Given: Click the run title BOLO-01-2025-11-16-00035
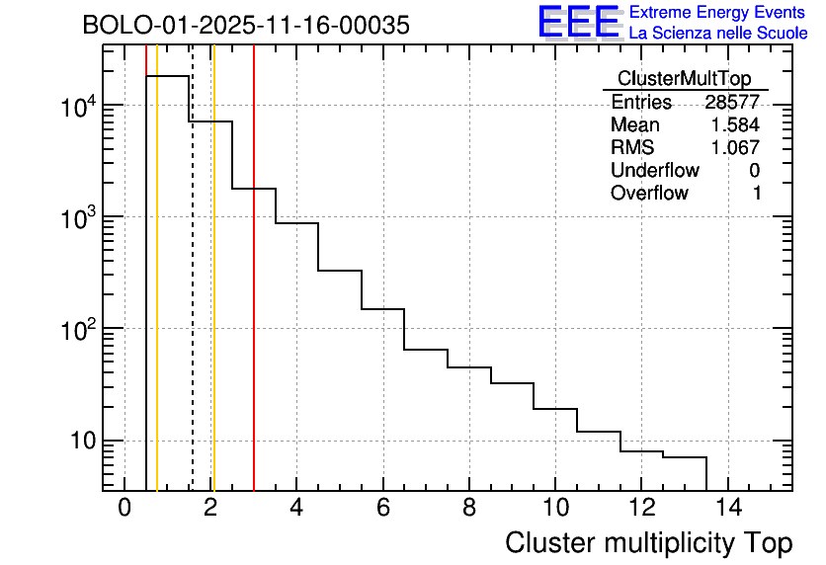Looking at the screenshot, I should click(246, 26).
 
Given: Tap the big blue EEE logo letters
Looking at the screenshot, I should click(578, 22).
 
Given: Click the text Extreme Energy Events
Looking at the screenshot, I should click(718, 13).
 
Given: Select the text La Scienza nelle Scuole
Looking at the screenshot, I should click(718, 34).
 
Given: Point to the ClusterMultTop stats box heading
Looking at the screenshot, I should click(684, 79).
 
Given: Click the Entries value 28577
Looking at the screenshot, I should click(732, 103).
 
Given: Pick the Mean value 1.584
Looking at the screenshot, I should click(735, 125).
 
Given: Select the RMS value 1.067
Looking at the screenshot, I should click(735, 148).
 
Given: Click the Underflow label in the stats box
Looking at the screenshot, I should click(655, 171).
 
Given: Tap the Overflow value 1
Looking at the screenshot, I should click(757, 194).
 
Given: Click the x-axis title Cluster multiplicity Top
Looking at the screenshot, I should click(649, 542).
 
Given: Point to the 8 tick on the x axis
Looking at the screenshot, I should click(469, 509).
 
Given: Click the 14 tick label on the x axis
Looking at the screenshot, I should click(727, 509).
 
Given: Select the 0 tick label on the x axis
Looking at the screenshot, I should click(124, 509).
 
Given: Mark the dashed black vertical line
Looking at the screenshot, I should click(192, 296).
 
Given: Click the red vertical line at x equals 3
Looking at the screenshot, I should click(254, 296).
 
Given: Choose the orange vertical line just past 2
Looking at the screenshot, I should click(213, 296).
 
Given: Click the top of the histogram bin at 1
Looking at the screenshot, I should click(168, 76).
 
